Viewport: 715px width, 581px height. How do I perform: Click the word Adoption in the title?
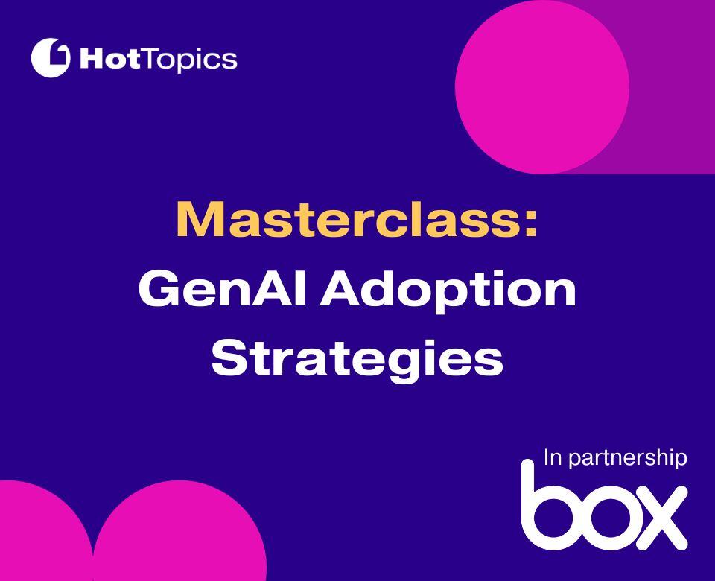[x=449, y=290]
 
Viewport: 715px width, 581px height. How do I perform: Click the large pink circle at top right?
[x=541, y=86]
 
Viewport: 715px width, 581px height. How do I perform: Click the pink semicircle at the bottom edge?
[x=179, y=536]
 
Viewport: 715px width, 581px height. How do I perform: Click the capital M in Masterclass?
[x=197, y=219]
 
